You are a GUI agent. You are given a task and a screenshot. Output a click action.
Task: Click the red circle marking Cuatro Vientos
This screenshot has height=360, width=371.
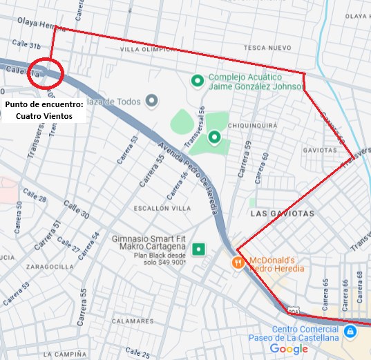pyautogui.click(x=46, y=72)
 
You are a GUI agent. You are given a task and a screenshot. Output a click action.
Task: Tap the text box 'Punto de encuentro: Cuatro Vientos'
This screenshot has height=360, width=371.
pyautogui.click(x=44, y=110)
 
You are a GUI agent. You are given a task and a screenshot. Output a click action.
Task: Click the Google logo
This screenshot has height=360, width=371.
pyautogui.click(x=289, y=349)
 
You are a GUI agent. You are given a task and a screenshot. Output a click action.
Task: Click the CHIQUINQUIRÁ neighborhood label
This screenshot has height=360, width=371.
pyautogui.click(x=253, y=125)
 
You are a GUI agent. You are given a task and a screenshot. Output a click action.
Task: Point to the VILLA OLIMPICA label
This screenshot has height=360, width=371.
pyautogui.click(x=144, y=50)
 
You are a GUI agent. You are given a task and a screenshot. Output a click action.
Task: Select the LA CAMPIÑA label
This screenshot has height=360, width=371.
pyautogui.click(x=66, y=354)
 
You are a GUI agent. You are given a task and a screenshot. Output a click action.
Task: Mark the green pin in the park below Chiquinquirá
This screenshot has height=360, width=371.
pyautogui.click(x=214, y=137)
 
